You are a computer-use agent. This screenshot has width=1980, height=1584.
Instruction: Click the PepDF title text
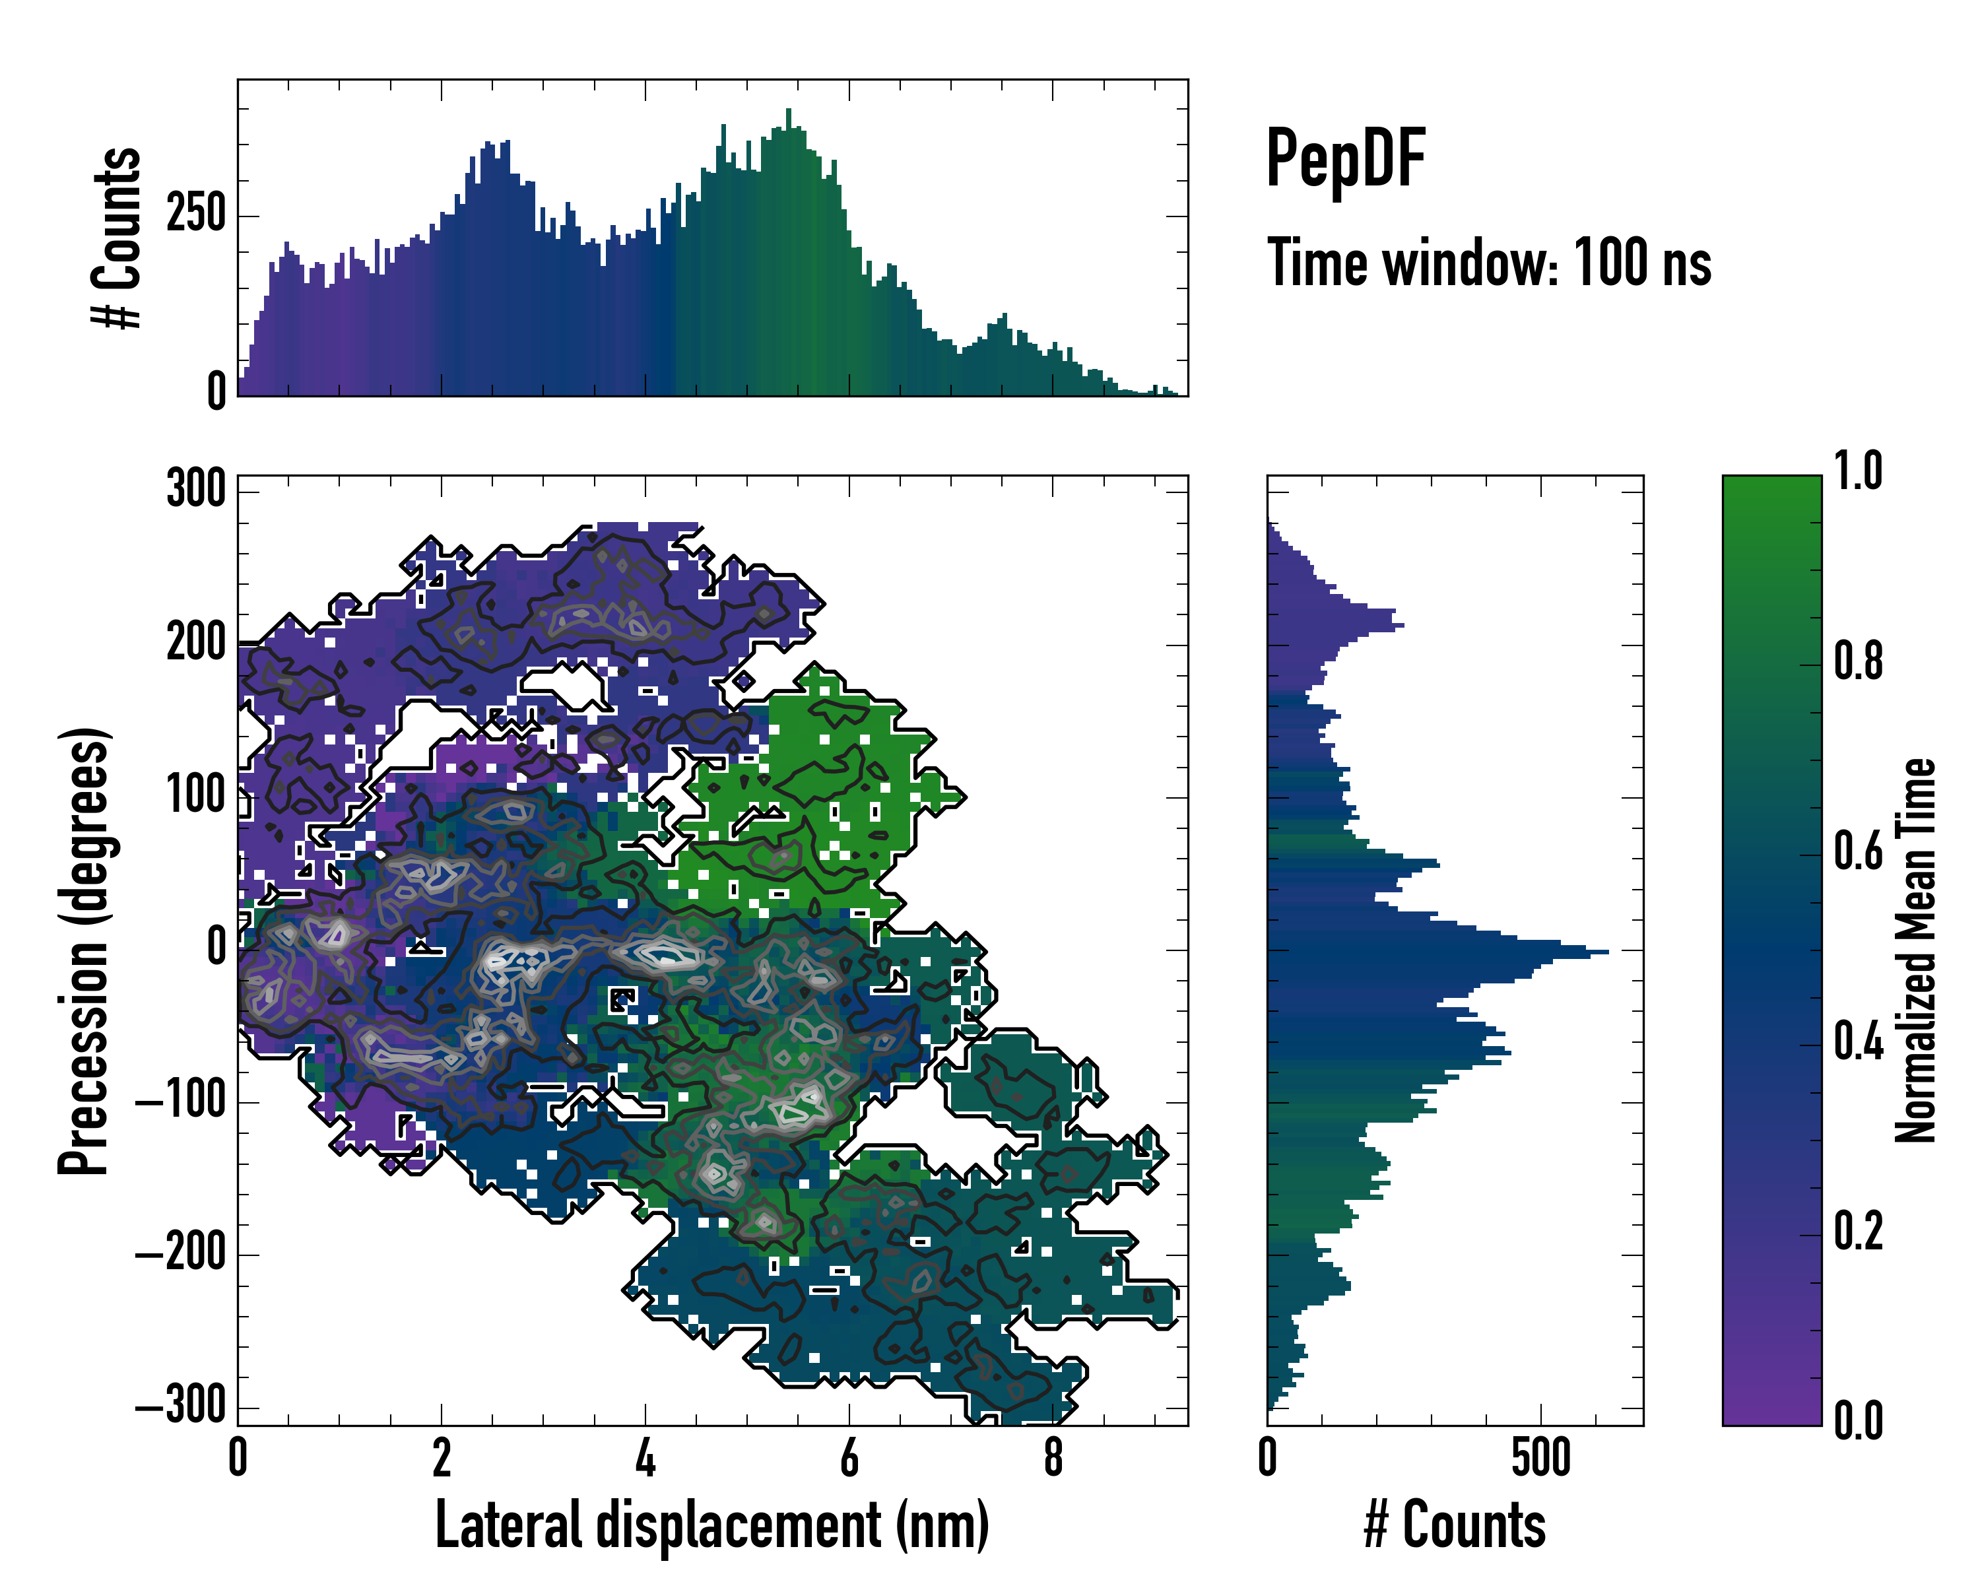[x=1344, y=159]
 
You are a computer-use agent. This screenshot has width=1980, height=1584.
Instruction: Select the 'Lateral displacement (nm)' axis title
[x=711, y=1525]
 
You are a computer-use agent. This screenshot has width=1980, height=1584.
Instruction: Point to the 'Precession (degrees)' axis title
[x=84, y=950]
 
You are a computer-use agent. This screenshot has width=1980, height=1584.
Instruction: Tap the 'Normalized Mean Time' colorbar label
[x=1916, y=950]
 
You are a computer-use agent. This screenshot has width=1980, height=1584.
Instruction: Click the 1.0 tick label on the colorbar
[x=1858, y=471]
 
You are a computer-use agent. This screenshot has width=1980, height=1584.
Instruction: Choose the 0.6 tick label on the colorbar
[x=1858, y=851]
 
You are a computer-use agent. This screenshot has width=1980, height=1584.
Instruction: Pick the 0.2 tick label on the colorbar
[x=1858, y=1230]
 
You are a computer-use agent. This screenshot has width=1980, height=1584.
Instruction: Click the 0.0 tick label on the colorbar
[x=1858, y=1420]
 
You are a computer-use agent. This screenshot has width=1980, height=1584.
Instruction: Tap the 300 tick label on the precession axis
[x=195, y=490]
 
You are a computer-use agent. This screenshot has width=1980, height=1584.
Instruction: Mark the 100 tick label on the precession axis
[x=195, y=795]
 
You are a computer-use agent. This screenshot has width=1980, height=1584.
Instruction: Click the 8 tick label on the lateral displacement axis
[x=1053, y=1458]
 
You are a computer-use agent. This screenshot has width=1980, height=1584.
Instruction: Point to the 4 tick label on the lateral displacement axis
[x=645, y=1458]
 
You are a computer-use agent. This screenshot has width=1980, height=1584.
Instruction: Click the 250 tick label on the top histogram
[x=195, y=215]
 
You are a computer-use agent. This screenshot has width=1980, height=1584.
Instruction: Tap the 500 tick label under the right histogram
[x=1541, y=1458]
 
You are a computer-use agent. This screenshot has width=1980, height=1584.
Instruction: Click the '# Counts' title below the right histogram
[x=1455, y=1525]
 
